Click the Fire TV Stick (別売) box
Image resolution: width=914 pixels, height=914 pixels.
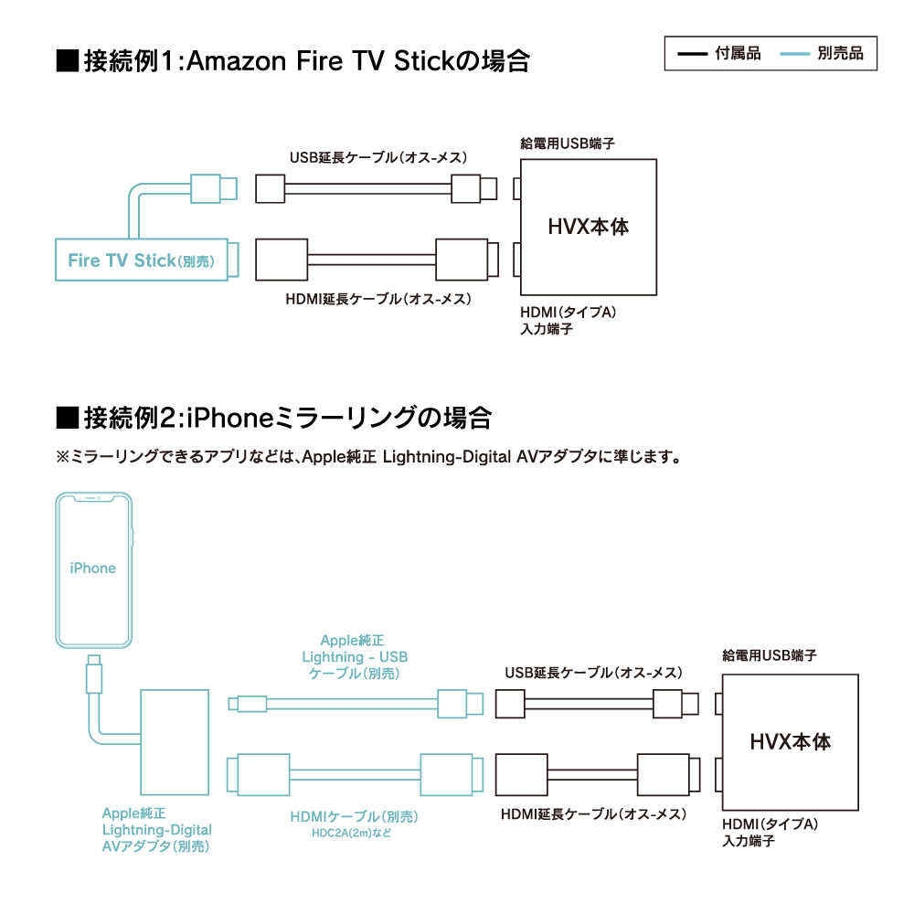(142, 260)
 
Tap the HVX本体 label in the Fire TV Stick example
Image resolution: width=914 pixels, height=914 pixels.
(588, 227)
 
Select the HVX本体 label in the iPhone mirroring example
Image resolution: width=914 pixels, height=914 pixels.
(790, 742)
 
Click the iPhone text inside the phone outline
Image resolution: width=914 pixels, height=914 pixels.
(92, 568)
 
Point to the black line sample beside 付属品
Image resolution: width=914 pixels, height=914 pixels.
(693, 54)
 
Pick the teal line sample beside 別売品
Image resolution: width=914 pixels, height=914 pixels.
(795, 54)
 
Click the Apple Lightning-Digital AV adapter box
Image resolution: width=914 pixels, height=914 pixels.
(175, 742)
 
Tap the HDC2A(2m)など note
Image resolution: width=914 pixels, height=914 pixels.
(352, 833)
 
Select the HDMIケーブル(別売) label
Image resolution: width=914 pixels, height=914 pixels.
(355, 816)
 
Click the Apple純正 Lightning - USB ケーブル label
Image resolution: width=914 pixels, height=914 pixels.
(355, 657)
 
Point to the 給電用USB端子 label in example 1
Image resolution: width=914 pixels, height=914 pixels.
(568, 143)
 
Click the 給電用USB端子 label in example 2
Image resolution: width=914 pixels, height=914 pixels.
(770, 655)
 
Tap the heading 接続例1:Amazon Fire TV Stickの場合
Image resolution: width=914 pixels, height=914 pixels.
(306, 60)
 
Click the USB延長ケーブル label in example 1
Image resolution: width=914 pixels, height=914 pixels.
(378, 157)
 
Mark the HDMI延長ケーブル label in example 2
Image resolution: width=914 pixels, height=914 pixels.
(593, 814)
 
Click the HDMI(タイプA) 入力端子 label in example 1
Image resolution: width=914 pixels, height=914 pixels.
(568, 321)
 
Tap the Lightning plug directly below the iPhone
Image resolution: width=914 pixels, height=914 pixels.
(94, 674)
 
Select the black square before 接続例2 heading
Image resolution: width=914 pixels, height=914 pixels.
(68, 418)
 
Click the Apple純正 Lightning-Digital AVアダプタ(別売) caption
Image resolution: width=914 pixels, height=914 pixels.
(157, 830)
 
